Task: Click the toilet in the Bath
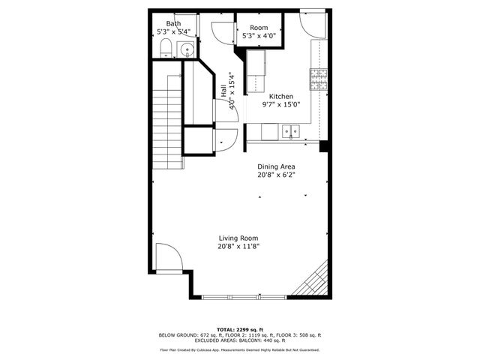[166, 49]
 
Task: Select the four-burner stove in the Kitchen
[318, 76]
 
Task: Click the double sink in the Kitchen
[291, 132]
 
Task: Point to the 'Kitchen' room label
[281, 97]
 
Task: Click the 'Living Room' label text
[239, 238]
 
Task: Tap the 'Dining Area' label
[276, 166]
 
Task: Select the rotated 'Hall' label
[224, 90]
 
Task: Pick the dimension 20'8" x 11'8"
[239, 246]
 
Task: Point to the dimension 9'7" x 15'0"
[281, 105]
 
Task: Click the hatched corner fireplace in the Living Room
[315, 280]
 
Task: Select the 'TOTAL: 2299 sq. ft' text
[239, 329]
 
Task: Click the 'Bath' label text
[173, 23]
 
